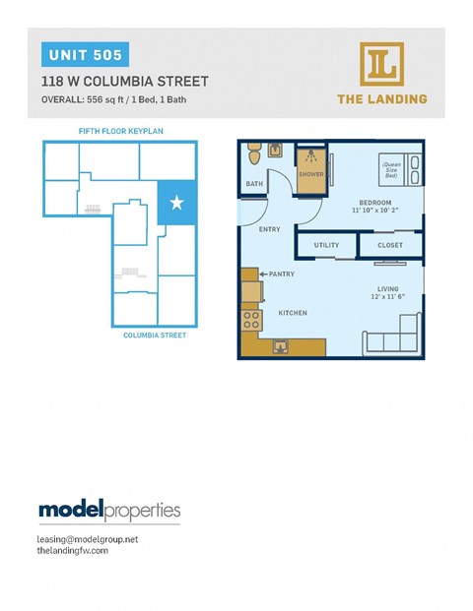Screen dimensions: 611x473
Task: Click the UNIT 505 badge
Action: click(x=82, y=54)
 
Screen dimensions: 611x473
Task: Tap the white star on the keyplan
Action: click(x=176, y=203)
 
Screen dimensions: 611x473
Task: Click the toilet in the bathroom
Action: click(x=254, y=153)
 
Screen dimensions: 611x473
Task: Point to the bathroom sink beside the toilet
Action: click(x=275, y=152)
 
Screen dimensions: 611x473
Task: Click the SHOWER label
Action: click(x=311, y=174)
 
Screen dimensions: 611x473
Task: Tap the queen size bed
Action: click(x=399, y=169)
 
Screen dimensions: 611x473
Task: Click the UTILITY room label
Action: click(x=326, y=245)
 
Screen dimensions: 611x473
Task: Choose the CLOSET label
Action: click(x=391, y=245)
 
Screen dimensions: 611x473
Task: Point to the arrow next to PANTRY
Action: click(x=262, y=275)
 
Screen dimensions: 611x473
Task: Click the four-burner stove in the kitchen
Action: click(x=251, y=321)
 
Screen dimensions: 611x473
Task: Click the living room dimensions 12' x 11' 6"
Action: click(x=385, y=296)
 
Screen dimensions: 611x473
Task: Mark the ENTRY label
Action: click(x=269, y=229)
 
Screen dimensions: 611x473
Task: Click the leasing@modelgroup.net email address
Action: click(x=88, y=539)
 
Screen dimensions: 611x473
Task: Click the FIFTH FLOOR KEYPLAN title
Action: click(x=119, y=130)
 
